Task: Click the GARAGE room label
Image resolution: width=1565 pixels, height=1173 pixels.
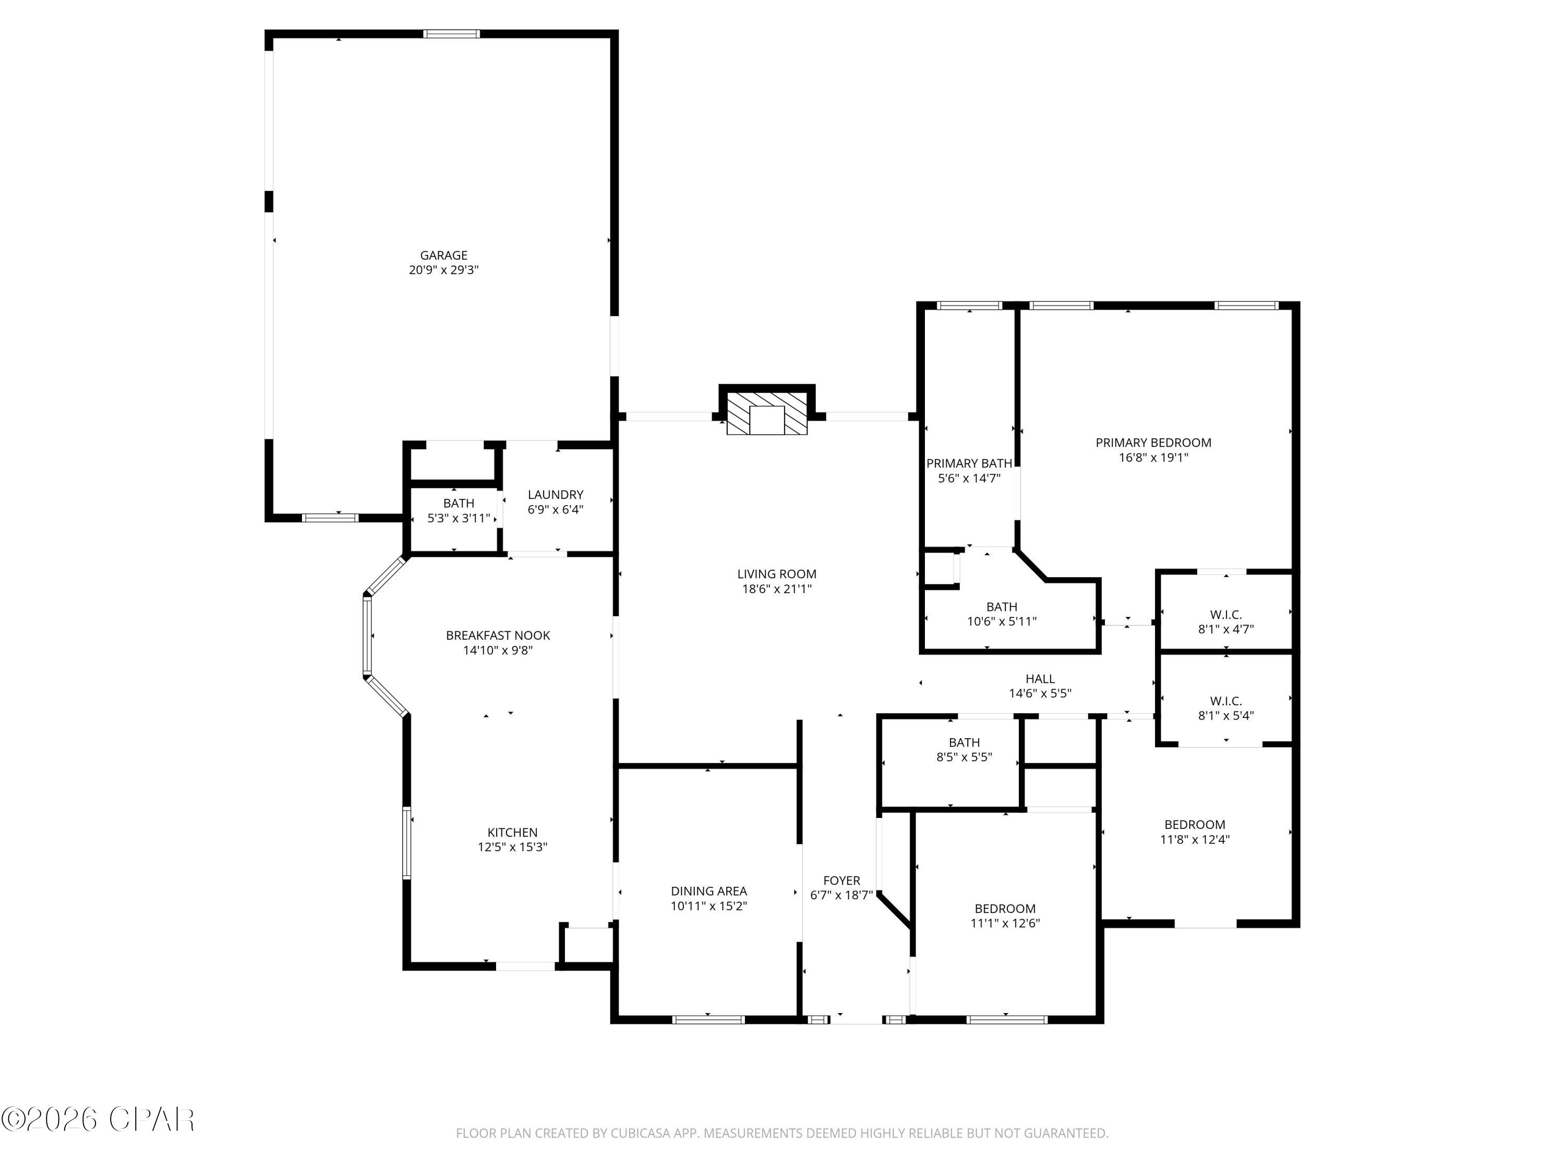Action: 443,255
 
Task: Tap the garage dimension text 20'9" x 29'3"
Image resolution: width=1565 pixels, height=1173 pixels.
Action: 443,270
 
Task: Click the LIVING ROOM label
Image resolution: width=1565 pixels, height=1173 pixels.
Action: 776,574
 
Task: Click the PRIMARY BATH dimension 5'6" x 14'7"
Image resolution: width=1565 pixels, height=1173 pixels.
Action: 969,478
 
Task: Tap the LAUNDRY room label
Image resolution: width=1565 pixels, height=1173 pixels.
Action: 556,494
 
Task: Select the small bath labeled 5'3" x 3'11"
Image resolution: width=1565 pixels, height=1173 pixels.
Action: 459,510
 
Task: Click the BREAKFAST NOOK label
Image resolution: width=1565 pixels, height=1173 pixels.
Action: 497,635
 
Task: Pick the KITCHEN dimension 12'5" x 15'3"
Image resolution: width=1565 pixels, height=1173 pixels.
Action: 512,847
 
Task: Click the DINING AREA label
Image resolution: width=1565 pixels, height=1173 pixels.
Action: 708,891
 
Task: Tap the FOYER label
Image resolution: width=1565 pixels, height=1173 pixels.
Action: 841,881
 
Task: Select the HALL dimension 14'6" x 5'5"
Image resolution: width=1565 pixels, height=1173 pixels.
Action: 1039,693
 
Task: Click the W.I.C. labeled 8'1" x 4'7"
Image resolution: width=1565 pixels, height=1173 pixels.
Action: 1225,621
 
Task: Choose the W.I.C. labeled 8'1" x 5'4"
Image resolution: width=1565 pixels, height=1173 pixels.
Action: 1225,708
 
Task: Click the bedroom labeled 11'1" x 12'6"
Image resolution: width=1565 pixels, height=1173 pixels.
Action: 1005,915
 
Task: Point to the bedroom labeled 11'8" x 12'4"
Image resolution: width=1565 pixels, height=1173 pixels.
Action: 1194,832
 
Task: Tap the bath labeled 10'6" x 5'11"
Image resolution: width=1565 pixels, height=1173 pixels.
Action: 1001,614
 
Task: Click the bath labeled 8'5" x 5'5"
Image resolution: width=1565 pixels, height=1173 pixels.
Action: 964,750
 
